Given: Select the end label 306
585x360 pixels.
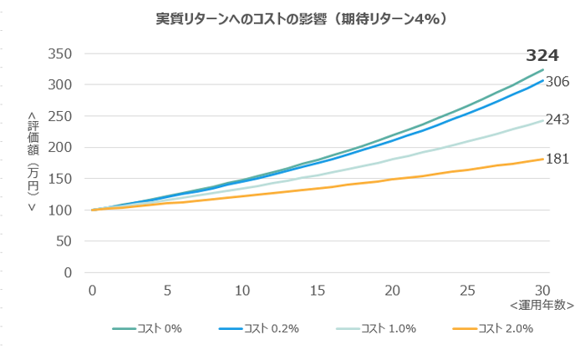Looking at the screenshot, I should tap(557, 82).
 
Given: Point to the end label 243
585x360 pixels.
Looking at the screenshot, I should tap(557, 120).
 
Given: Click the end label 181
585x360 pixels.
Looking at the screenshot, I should tap(557, 158).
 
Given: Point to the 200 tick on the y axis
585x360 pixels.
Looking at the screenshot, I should tap(63, 147).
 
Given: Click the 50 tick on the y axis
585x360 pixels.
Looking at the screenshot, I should tap(66, 241).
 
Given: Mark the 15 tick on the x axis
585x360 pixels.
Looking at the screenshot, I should tap(318, 289).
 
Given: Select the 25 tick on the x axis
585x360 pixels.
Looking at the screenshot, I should tap(468, 289).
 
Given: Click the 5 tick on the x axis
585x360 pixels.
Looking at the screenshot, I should tap(167, 289).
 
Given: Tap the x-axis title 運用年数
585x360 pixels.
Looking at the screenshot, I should tap(542, 306).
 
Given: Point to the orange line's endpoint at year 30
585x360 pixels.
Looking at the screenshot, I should tap(543, 159).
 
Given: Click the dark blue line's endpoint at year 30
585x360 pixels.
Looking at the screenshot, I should tap(543, 80).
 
